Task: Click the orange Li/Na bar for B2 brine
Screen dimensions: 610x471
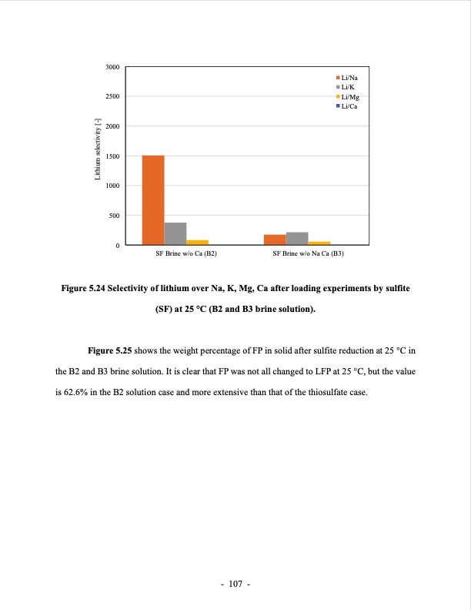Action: click(153, 200)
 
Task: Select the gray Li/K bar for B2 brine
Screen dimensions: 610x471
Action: click(175, 233)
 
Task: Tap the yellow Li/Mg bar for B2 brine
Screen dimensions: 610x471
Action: click(197, 242)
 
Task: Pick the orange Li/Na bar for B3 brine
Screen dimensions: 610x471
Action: click(275, 240)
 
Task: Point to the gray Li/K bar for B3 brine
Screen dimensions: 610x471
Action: click(297, 238)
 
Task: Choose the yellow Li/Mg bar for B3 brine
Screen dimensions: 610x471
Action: click(319, 243)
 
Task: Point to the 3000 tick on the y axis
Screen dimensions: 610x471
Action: click(112, 68)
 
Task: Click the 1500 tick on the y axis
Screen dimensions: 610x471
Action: click(112, 156)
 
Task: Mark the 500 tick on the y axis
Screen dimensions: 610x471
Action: click(114, 216)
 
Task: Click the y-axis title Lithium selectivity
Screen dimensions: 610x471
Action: click(97, 150)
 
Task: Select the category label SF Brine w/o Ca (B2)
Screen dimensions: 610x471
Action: click(186, 253)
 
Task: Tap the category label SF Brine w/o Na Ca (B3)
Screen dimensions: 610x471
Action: click(308, 253)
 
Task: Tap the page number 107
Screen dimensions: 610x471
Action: click(235, 585)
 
